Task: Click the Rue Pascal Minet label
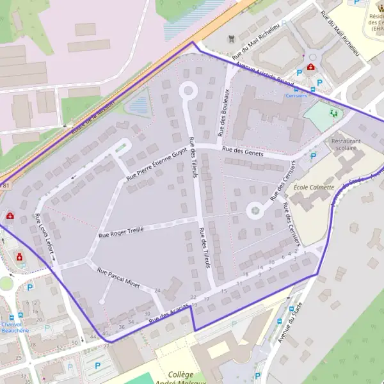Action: point(118,276)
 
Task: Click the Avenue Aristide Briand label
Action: point(265,76)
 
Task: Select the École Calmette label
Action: point(314,187)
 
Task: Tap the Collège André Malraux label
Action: point(176,378)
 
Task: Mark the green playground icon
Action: point(332,113)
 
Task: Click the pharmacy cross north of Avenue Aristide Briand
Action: point(311,67)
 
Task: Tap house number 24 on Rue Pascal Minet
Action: point(157,290)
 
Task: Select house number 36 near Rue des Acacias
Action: point(122,327)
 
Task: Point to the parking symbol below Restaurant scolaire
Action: point(313,156)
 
